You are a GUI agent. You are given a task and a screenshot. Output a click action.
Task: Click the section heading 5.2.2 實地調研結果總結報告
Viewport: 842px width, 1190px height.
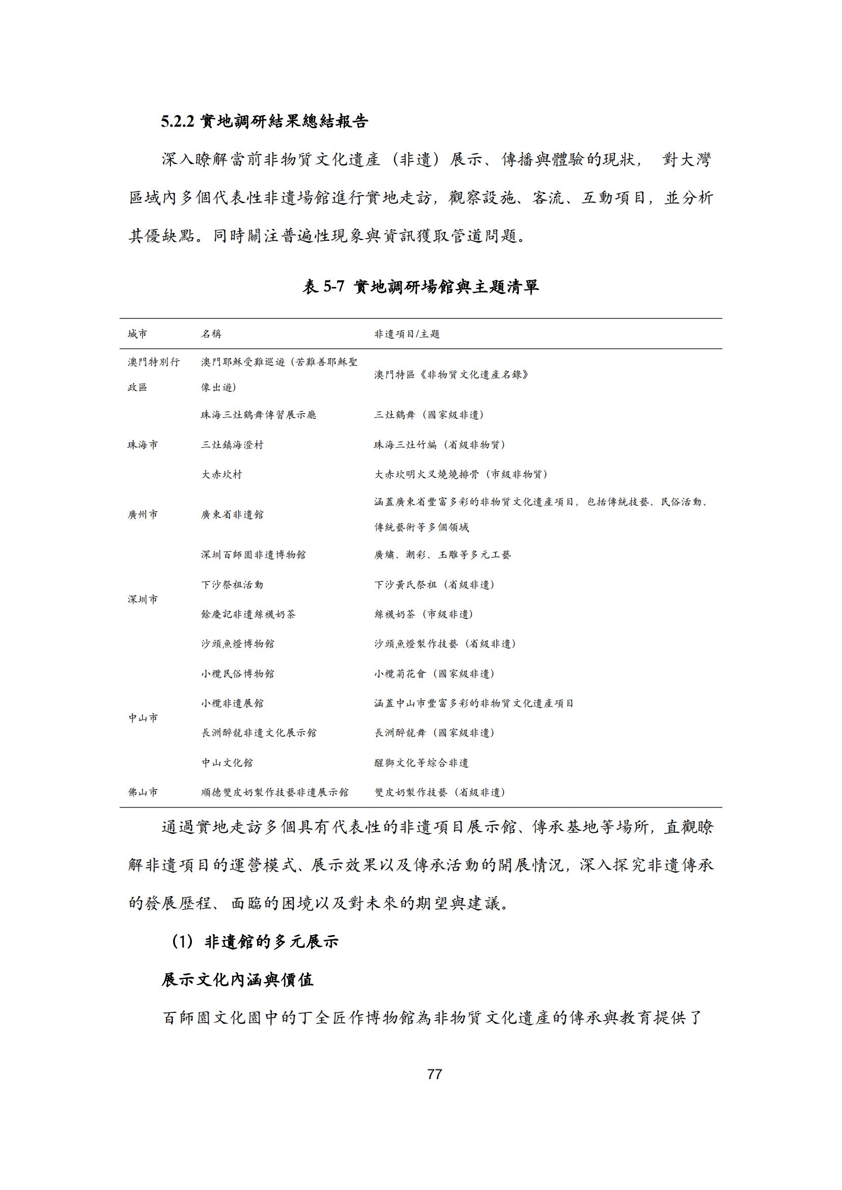pyautogui.click(x=264, y=121)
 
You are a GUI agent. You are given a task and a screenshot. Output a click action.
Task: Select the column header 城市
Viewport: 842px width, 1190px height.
pyautogui.click(x=137, y=334)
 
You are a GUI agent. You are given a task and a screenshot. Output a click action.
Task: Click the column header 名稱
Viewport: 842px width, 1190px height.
pyautogui.click(x=211, y=334)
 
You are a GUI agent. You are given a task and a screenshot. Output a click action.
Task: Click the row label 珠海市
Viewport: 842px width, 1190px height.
pyautogui.click(x=143, y=445)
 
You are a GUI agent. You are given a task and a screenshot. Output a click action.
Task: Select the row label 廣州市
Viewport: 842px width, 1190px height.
pyautogui.click(x=143, y=515)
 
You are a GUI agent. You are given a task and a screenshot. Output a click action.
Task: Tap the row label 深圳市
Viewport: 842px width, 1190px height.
pyautogui.click(x=143, y=599)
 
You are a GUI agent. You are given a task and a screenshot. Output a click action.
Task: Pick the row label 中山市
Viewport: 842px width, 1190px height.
pyautogui.click(x=143, y=718)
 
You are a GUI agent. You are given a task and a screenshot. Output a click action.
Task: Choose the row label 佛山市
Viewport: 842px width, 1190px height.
pyautogui.click(x=143, y=792)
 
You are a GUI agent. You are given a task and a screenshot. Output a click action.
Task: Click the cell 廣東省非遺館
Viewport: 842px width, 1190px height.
pyautogui.click(x=232, y=515)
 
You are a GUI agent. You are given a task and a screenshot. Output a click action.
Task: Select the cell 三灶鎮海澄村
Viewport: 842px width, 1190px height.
pyautogui.click(x=232, y=445)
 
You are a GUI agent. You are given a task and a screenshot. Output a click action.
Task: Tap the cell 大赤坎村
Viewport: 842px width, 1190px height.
pyautogui.click(x=221, y=474)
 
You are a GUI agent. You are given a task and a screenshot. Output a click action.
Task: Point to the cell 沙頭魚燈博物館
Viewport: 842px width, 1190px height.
pyautogui.click(x=237, y=644)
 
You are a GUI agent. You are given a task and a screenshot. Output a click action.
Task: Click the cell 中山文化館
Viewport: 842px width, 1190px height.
pyautogui.click(x=227, y=763)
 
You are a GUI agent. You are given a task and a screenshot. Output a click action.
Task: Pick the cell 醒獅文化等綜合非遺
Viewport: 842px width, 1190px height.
pyautogui.click(x=422, y=763)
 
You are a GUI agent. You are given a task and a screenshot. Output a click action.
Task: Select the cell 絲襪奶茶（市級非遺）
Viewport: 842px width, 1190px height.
pyautogui.click(x=424, y=614)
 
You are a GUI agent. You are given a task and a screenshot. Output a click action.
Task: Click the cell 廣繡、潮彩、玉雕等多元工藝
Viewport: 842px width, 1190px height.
pyautogui.click(x=442, y=555)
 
